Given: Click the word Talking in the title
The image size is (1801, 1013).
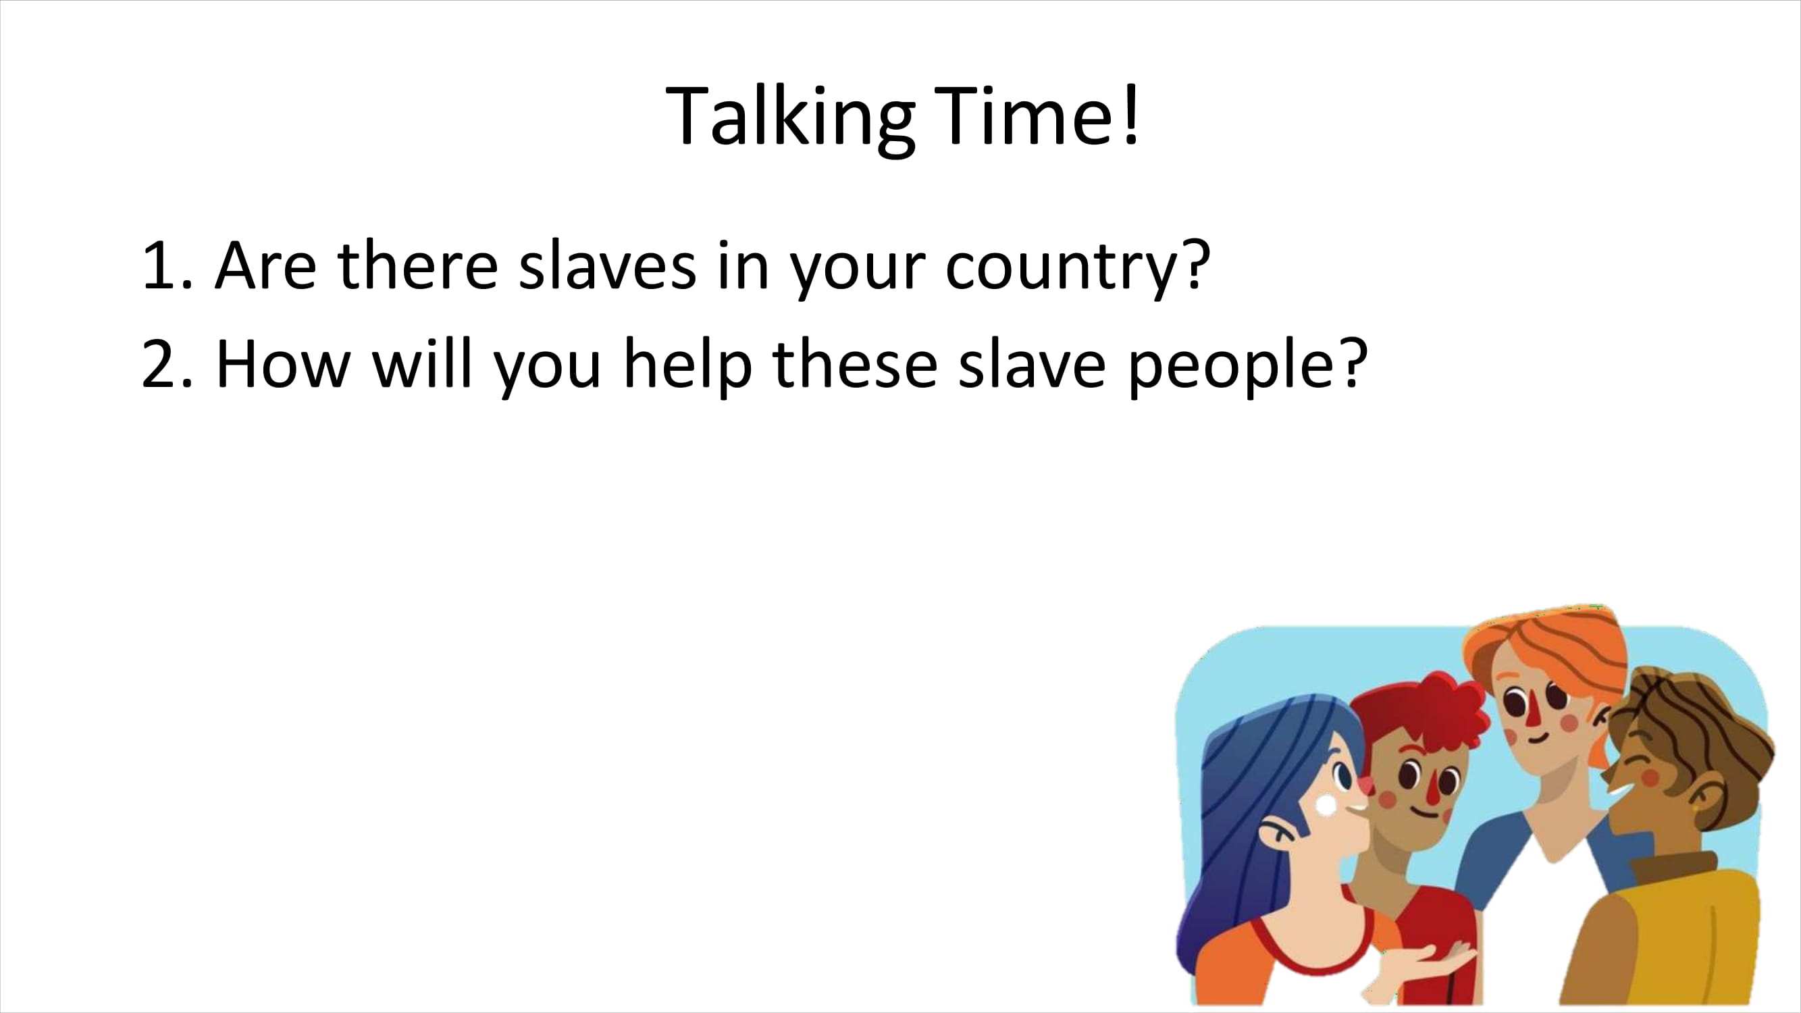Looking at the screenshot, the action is coord(790,117).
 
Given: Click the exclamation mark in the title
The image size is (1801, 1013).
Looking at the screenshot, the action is coord(1131,113).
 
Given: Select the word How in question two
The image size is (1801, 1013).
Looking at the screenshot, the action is coord(282,363).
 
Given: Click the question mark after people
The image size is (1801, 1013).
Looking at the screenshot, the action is coord(1353,363).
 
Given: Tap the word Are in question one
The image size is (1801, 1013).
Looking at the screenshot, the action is coord(265,265).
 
